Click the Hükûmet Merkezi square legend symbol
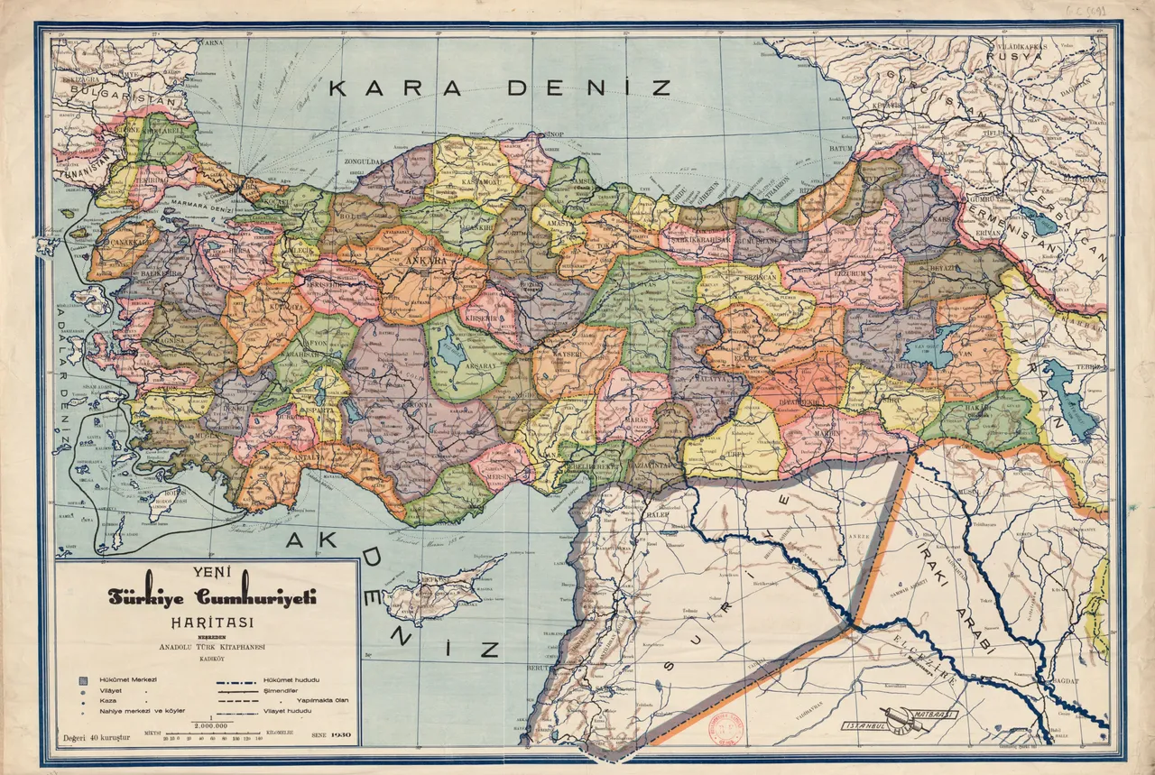coord(82,678)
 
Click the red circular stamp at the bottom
coord(725,728)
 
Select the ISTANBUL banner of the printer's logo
coord(866,725)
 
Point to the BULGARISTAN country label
coord(110,91)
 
